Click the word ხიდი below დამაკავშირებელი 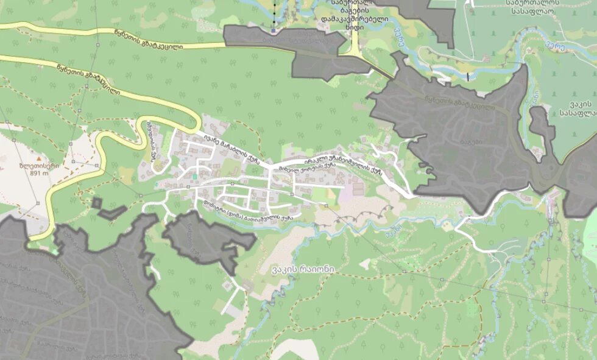pyautogui.click(x=351, y=27)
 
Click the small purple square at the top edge pyautogui.click(x=274, y=30)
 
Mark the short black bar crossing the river pyautogui.click(x=468, y=76)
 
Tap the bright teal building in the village pyautogui.click(x=194, y=176)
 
